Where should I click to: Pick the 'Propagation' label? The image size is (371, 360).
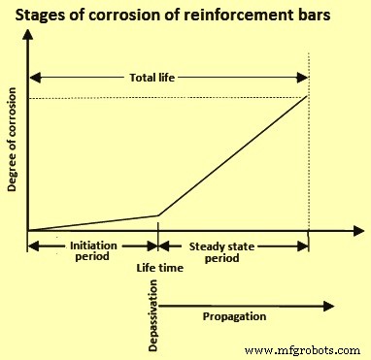point(235,315)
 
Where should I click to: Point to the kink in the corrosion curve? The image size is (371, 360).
point(157,214)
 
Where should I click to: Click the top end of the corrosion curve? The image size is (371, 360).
point(308,96)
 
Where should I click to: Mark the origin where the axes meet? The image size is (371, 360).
point(28,231)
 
